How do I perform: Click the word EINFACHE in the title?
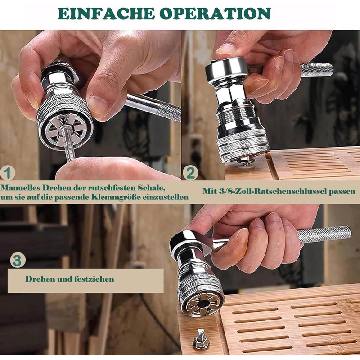click(106, 13)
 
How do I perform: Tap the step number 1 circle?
click(8, 173)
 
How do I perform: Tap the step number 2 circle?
click(190, 173)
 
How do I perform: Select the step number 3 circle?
click(18, 260)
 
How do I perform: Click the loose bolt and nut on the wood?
click(201, 339)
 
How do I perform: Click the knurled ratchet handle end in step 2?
click(317, 70)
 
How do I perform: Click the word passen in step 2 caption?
click(342, 192)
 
